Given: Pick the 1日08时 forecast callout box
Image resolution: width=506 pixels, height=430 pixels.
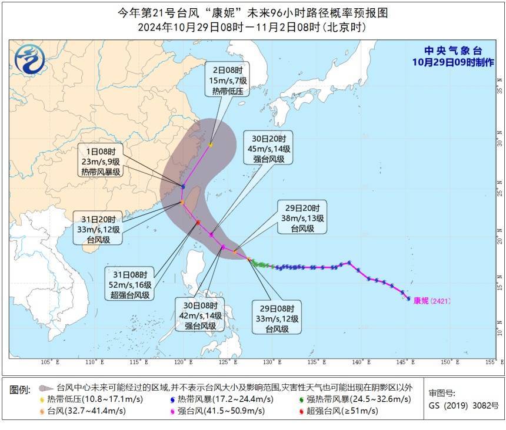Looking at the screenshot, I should (101, 161).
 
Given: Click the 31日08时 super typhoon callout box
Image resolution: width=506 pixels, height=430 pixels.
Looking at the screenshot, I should (130, 284).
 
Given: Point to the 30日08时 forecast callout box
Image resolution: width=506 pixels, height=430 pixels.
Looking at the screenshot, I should (199, 315).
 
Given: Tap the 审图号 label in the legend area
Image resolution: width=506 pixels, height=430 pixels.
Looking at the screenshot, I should (442, 394).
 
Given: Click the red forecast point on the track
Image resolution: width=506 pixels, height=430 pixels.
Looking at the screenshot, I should (198, 222).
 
